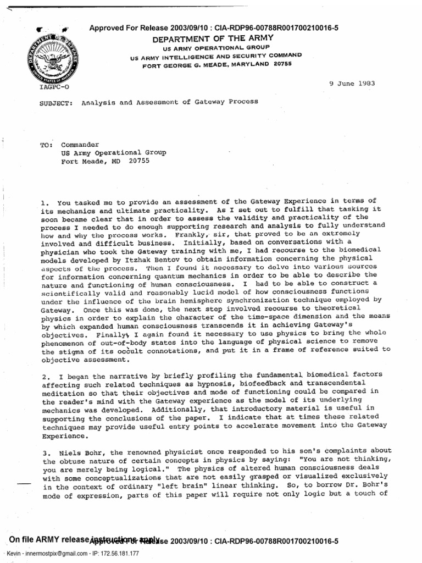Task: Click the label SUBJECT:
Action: coord(55,102)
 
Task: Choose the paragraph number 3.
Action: coord(44,451)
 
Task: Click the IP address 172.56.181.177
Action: coord(114,554)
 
